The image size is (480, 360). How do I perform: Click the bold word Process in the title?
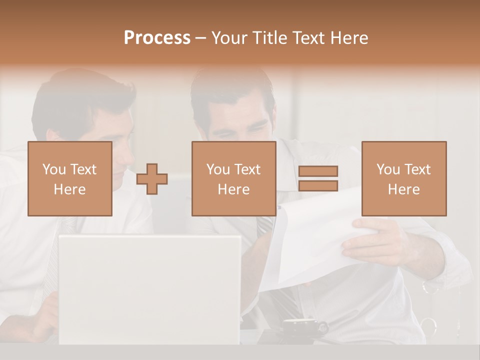[x=157, y=38]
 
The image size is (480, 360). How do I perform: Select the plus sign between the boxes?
[x=152, y=179]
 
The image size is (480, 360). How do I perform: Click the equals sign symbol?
[x=318, y=178]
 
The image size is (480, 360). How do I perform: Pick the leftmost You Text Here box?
[x=69, y=178]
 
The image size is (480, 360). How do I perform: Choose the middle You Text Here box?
[x=233, y=178]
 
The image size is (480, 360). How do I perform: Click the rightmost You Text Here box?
[x=403, y=178]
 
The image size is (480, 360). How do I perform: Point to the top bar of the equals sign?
[x=318, y=171]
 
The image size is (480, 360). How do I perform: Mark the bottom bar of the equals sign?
[x=318, y=186]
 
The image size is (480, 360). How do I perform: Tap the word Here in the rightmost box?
[x=403, y=189]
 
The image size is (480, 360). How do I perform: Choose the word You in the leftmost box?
[x=53, y=169]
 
